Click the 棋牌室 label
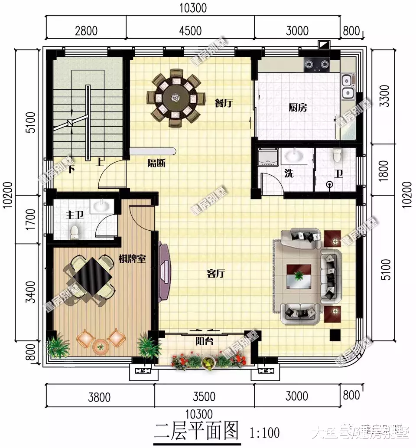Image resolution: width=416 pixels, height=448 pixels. [132, 259]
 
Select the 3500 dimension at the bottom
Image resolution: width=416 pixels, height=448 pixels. [204, 396]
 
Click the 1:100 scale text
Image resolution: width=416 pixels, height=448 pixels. [264, 432]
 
